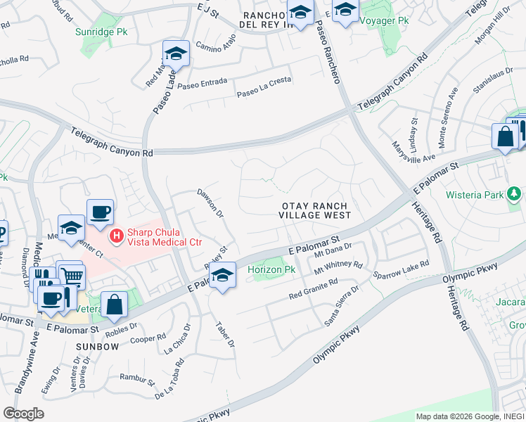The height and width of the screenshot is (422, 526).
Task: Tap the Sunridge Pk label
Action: pyautogui.click(x=101, y=32)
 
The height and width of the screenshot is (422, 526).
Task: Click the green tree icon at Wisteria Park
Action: pyautogui.click(x=514, y=192)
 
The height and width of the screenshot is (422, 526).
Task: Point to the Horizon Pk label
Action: pyautogui.click(x=270, y=270)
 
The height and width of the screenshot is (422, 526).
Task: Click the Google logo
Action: pyautogui.click(x=23, y=414)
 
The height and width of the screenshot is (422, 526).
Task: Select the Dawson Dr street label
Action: pyautogui.click(x=210, y=203)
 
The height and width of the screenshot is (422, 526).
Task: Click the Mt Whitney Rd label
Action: pyautogui.click(x=338, y=267)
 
